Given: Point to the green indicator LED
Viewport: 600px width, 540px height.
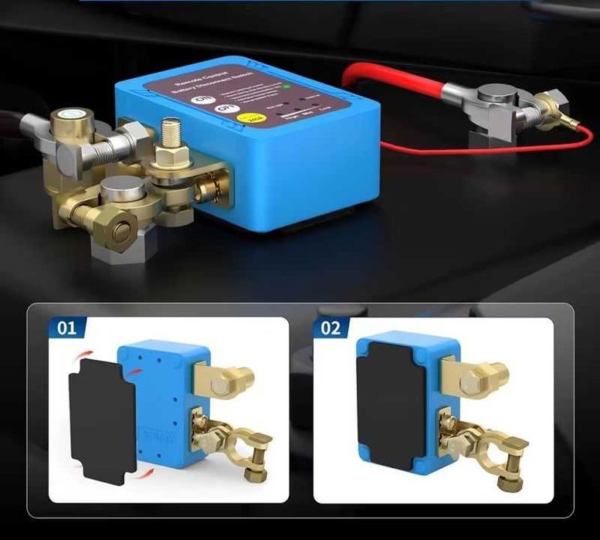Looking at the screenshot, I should pyautogui.click(x=286, y=87).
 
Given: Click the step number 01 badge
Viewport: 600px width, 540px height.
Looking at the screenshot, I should pyautogui.click(x=66, y=328).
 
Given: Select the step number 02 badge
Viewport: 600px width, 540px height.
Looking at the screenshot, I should pyautogui.click(x=331, y=328).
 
